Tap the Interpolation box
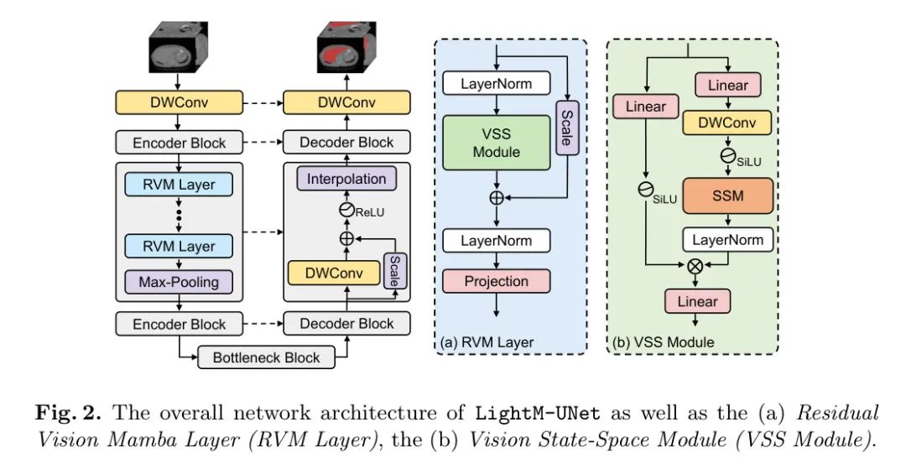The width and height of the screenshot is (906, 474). [346, 179]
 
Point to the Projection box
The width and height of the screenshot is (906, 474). [497, 281]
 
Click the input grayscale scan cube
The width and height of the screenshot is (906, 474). [179, 49]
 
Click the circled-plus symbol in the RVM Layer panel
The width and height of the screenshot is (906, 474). [497, 198]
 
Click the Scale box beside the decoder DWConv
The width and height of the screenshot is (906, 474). [394, 272]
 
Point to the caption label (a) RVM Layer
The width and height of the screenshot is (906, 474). [487, 341]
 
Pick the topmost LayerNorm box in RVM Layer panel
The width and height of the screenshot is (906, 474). [497, 84]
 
